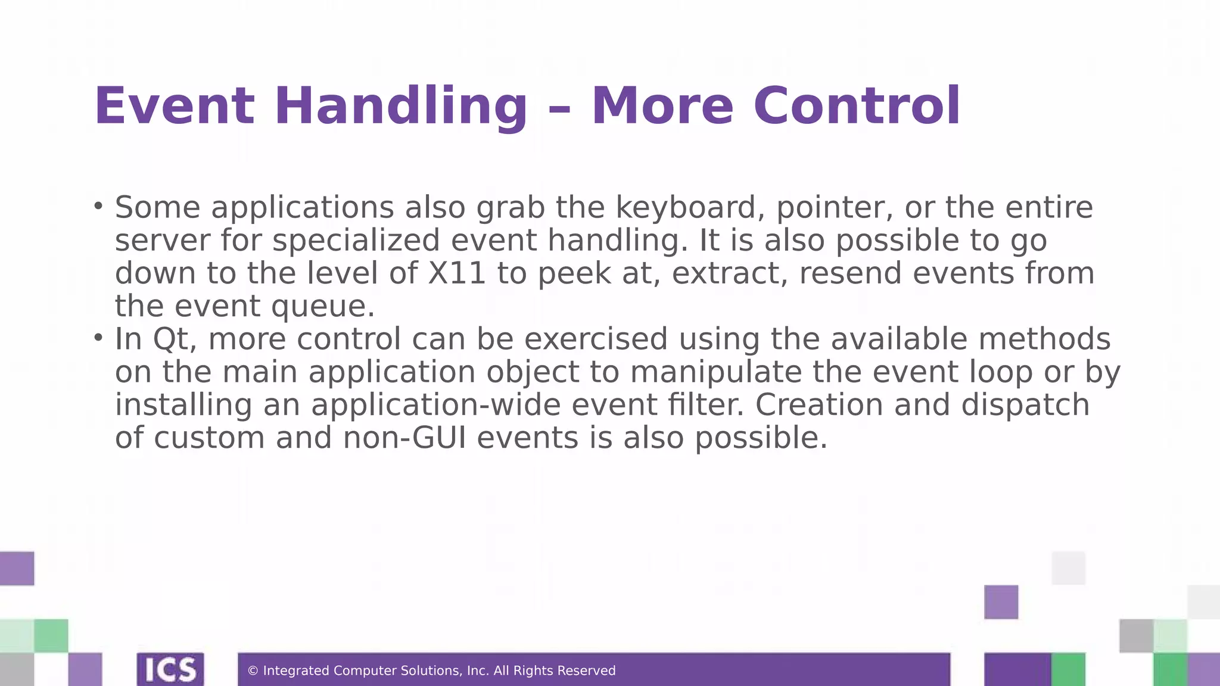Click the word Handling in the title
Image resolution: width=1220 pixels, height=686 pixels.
[400, 107]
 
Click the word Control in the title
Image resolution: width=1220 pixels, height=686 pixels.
[857, 107]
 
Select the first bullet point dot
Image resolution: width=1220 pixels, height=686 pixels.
[98, 207]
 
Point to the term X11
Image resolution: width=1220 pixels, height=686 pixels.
[457, 273]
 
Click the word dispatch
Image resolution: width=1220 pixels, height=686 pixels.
[1025, 406]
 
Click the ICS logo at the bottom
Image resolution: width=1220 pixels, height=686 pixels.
[170, 669]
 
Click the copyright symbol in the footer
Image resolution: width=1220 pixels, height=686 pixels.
[253, 671]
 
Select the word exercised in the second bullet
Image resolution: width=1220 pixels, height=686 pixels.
[596, 339]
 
